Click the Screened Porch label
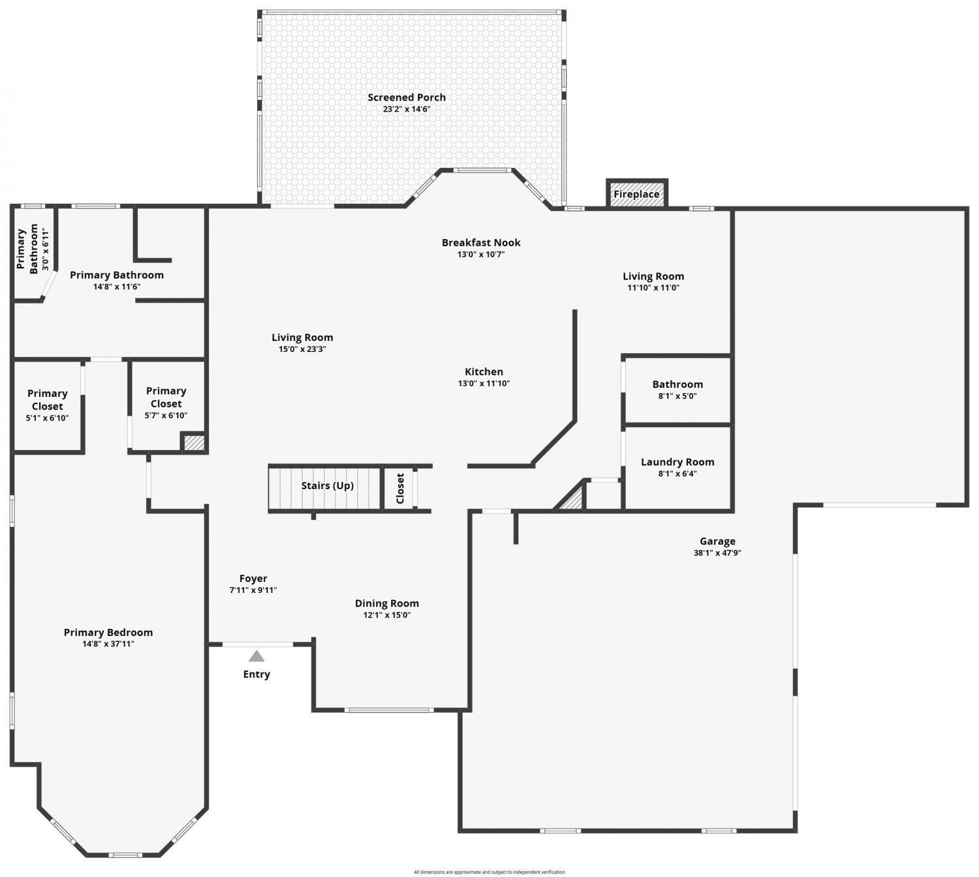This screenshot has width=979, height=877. (x=407, y=97)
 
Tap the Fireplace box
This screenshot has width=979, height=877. (x=636, y=193)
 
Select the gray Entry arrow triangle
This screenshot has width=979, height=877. (x=256, y=656)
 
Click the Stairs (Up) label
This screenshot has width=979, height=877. (x=327, y=485)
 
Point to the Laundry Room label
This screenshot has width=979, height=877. (x=677, y=462)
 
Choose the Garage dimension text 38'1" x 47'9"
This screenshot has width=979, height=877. (x=717, y=552)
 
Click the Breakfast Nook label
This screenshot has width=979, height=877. (x=481, y=242)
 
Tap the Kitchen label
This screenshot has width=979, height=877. (x=484, y=372)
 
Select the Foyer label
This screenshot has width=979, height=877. (x=253, y=578)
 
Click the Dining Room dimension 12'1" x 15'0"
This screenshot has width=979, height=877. (x=386, y=615)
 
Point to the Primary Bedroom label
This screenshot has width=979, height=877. (x=108, y=632)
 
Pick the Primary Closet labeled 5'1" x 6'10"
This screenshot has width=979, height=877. (x=48, y=405)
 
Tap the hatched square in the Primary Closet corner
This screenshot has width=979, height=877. (x=194, y=443)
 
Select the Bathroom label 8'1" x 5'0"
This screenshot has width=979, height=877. (x=677, y=385)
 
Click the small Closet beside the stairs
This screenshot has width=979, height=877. (x=399, y=488)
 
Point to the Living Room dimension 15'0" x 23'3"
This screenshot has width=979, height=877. (x=302, y=349)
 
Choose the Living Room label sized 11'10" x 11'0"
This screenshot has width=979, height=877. (x=653, y=276)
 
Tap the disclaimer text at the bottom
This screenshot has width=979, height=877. (x=489, y=872)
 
